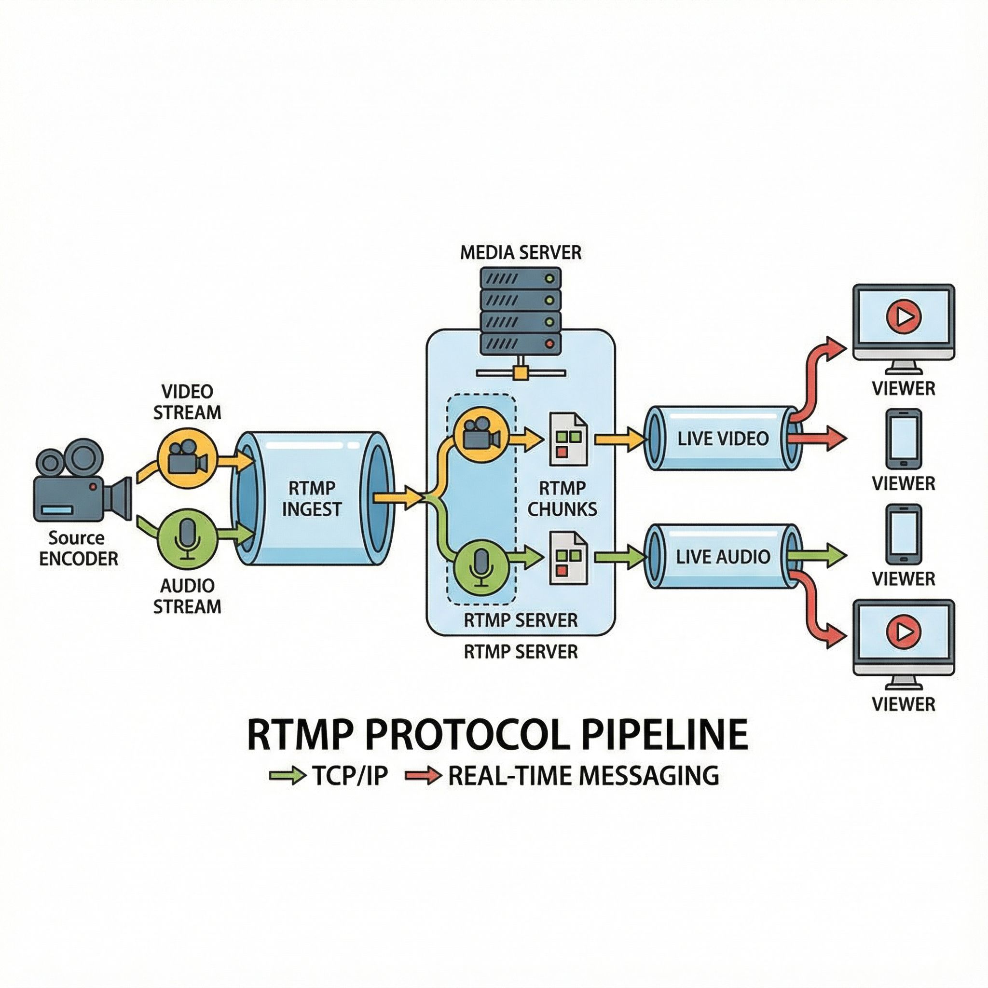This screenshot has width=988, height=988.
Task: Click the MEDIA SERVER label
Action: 521,253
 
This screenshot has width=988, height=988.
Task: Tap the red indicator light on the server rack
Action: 550,344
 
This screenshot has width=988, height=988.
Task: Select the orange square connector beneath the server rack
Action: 521,372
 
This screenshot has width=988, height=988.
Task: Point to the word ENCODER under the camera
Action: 79,559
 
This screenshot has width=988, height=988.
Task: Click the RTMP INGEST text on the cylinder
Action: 312,499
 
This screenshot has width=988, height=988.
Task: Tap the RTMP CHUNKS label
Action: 562,499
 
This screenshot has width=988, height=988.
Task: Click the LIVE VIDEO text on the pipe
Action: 723,438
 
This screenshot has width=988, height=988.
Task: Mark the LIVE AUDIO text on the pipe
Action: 723,556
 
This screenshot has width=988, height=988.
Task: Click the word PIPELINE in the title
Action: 665,735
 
